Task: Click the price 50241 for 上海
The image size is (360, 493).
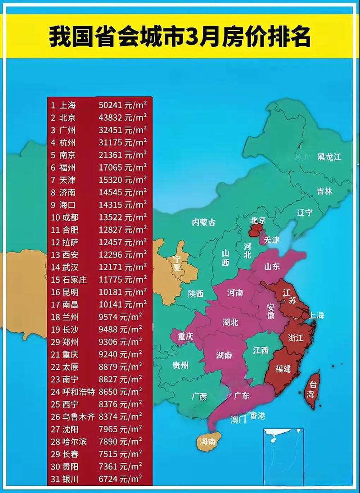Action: pyautogui.click(x=110, y=105)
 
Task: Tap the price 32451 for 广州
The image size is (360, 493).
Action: pyautogui.click(x=110, y=131)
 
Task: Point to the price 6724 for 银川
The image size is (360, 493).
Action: pyautogui.click(x=108, y=479)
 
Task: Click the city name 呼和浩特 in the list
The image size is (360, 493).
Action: pyautogui.click(x=79, y=392)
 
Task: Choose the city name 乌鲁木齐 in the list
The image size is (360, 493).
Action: pyautogui.click(x=79, y=416)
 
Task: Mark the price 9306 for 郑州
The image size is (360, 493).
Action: pyautogui.click(x=108, y=342)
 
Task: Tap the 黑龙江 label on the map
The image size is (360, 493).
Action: pyautogui.click(x=329, y=157)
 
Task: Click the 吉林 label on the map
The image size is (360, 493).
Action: pyautogui.click(x=324, y=191)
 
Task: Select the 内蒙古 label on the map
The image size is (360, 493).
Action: pyautogui.click(x=204, y=222)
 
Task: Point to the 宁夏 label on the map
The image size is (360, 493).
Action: pyautogui.click(x=176, y=263)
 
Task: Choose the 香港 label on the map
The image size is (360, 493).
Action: pyautogui.click(x=258, y=416)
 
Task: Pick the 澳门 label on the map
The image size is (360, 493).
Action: pyautogui.click(x=238, y=420)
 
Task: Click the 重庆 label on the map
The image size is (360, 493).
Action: pyautogui.click(x=185, y=336)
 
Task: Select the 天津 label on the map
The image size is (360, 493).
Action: pyautogui.click(x=271, y=240)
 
